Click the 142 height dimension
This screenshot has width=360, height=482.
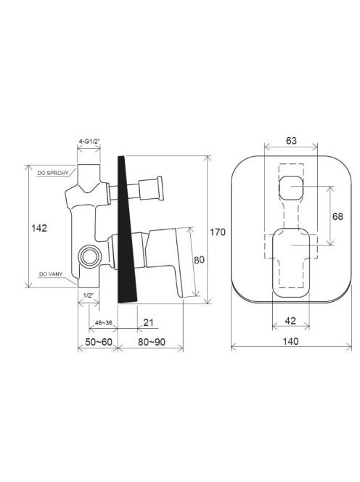pyautogui.click(x=39, y=228)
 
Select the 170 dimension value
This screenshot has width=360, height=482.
pyautogui.click(x=218, y=232)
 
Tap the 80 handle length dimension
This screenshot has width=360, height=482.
pyautogui.click(x=199, y=260)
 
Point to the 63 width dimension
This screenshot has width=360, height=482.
pyautogui.click(x=291, y=141)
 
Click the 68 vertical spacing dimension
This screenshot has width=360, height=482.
pyautogui.click(x=337, y=216)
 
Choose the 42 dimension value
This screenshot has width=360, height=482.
pyautogui.click(x=290, y=321)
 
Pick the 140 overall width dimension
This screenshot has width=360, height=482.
pyautogui.click(x=290, y=341)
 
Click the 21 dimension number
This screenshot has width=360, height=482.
pyautogui.click(x=148, y=322)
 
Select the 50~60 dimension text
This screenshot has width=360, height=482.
pyautogui.click(x=99, y=342)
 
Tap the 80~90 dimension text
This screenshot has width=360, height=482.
pyautogui.click(x=151, y=342)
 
